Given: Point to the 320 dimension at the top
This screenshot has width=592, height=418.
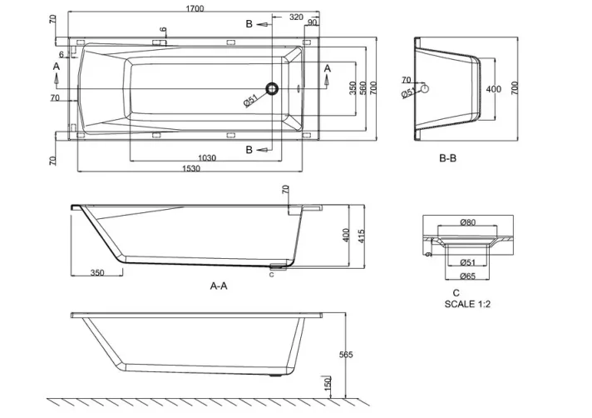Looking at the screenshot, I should point(296,16).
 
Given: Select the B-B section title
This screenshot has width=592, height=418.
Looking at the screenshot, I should point(448,157).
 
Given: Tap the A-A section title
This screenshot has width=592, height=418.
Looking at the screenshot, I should point(219,285).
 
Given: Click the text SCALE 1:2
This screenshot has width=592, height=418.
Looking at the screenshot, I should point(470,305).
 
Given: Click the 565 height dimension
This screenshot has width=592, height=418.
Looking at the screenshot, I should point(345,355).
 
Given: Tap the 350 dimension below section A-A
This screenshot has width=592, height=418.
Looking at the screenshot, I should point(96,272).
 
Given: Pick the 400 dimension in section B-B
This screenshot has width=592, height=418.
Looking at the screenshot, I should point(493,89).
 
